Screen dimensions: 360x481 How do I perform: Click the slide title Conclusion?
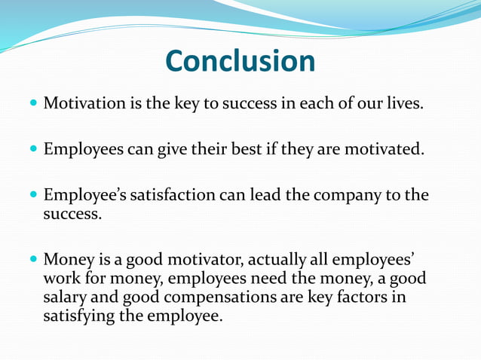coord(240,61)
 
